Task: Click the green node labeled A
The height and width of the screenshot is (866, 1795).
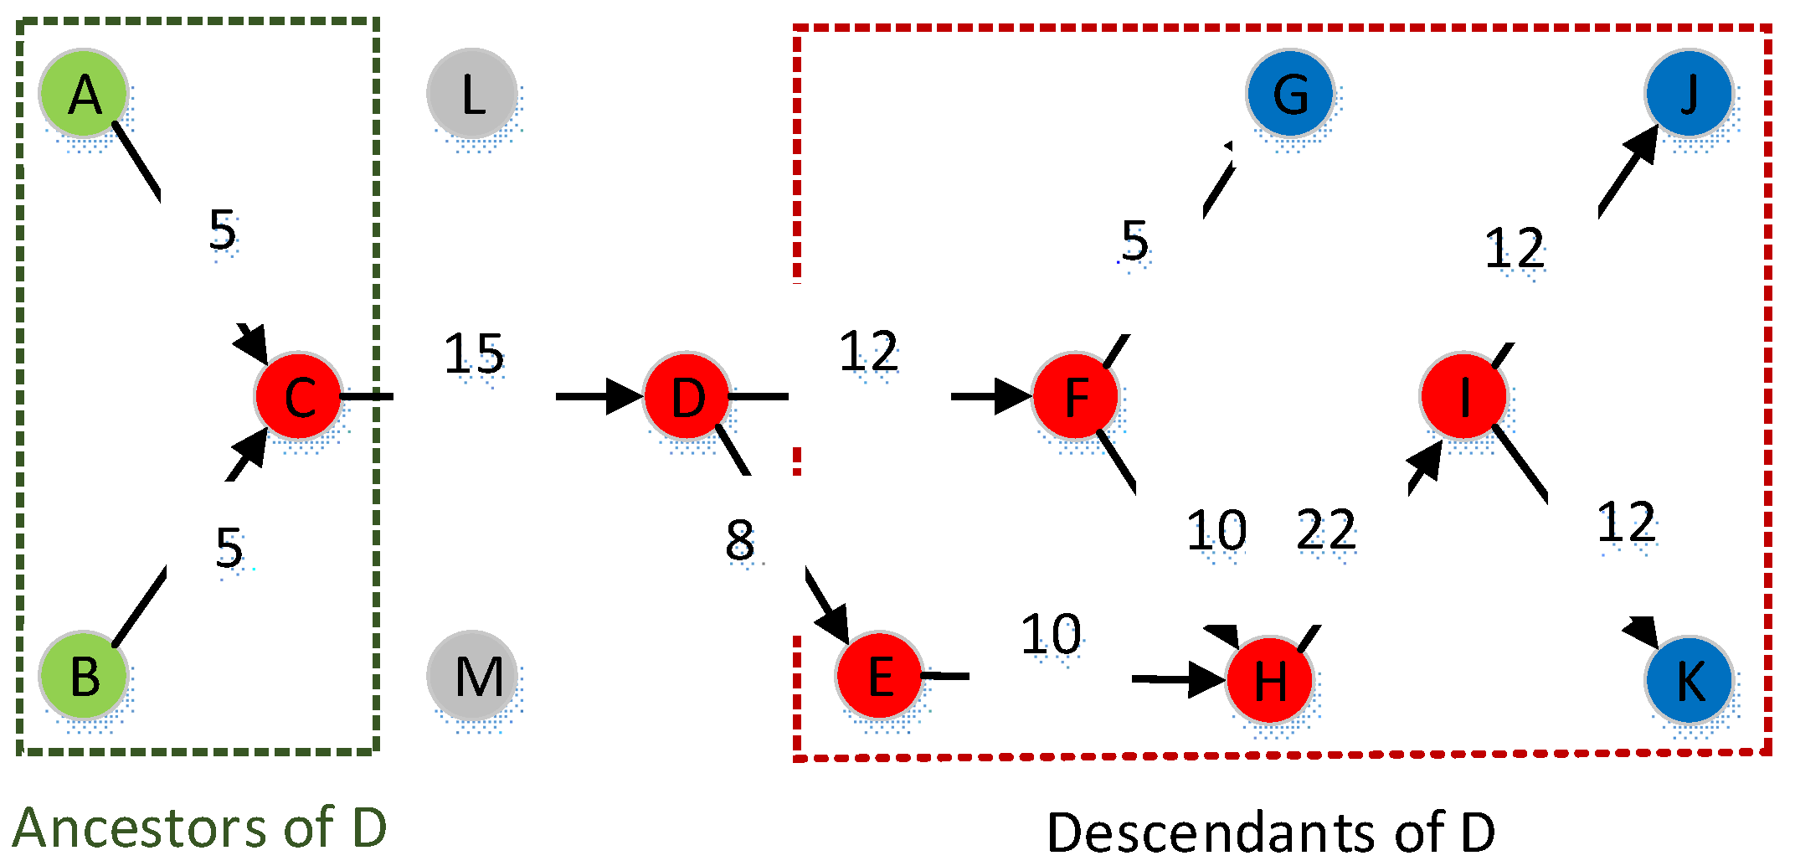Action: tap(84, 93)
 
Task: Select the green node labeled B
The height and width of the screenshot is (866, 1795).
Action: tap(84, 675)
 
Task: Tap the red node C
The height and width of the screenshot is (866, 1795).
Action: tap(299, 395)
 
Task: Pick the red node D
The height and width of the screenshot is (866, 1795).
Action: tap(687, 395)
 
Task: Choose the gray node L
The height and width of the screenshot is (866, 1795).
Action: tap(472, 93)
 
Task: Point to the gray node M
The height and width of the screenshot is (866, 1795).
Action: tap(472, 675)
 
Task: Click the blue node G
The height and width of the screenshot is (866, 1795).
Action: tap(1289, 93)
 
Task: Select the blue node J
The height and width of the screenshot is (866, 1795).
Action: tap(1689, 93)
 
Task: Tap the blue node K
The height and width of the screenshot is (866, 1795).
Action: tap(1689, 679)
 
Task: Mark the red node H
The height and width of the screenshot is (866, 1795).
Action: tap(1269, 679)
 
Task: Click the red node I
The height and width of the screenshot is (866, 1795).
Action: tap(1463, 395)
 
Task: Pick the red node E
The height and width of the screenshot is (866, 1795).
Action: tap(879, 675)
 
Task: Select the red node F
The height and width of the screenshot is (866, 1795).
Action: tap(1076, 395)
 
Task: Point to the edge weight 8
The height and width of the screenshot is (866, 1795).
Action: tap(740, 540)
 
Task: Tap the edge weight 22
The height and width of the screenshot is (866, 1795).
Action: tap(1326, 530)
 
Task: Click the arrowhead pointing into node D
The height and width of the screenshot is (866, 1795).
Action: tap(624, 396)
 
